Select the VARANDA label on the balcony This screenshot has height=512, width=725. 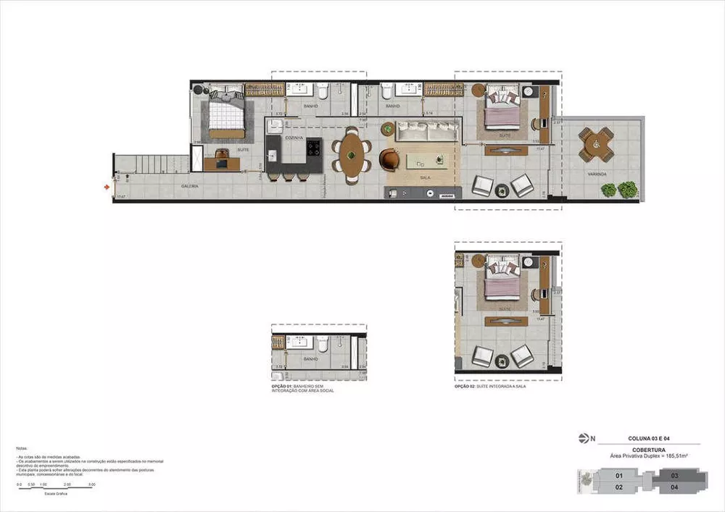pyautogui.click(x=597, y=175)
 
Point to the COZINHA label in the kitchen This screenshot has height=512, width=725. pyautogui.click(x=294, y=137)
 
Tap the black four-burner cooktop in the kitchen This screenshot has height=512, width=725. pyautogui.click(x=315, y=148)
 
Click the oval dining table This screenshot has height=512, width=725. pyautogui.click(x=351, y=154)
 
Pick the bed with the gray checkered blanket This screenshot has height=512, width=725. pyautogui.click(x=226, y=113)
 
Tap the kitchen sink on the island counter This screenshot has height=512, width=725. pyautogui.click(x=273, y=155)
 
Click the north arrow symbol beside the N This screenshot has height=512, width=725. pyautogui.click(x=584, y=438)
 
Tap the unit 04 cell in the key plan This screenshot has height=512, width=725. pyautogui.click(x=674, y=487)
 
